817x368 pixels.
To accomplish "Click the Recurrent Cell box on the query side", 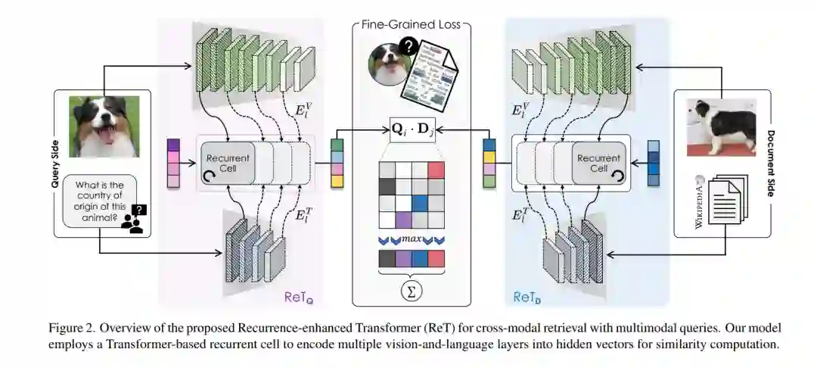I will pyautogui.click(x=228, y=162).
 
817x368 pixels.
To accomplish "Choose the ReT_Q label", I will pyautogui.click(x=297, y=298).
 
